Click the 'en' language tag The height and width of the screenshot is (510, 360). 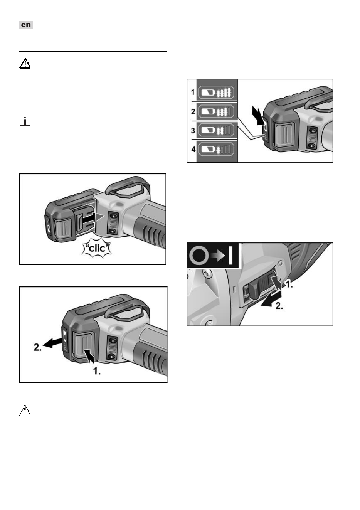click(x=26, y=25)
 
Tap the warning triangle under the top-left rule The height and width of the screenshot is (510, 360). click(x=25, y=63)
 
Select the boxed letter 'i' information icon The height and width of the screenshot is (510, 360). click(x=25, y=121)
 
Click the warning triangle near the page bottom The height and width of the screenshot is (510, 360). click(x=25, y=410)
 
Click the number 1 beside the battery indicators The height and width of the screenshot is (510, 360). click(x=193, y=92)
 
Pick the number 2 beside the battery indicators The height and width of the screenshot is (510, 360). click(x=193, y=111)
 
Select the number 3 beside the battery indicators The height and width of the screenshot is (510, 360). click(x=193, y=131)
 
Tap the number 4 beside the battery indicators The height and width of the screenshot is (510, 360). click(x=193, y=149)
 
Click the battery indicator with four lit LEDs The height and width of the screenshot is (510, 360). click(x=216, y=93)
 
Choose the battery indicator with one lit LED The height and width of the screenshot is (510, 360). click(x=216, y=150)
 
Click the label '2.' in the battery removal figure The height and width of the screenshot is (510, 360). click(x=37, y=347)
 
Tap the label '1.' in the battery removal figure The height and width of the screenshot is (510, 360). click(x=97, y=371)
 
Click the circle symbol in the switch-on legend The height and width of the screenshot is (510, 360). click(x=199, y=256)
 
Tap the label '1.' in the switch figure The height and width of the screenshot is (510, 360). click(x=289, y=284)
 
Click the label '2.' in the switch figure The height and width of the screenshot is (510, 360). click(x=279, y=306)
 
